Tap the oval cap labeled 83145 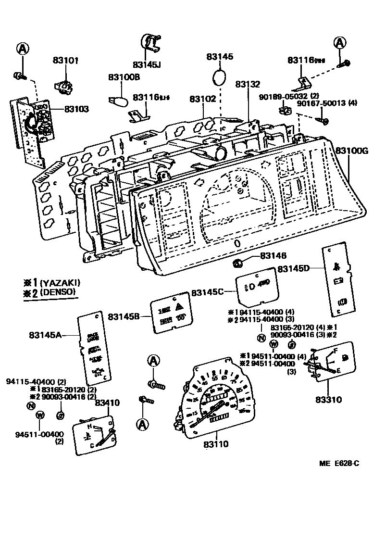219,77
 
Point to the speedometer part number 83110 215,444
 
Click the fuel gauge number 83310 328,399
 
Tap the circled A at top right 340,43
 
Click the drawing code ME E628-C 339,464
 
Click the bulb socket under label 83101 63,87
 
